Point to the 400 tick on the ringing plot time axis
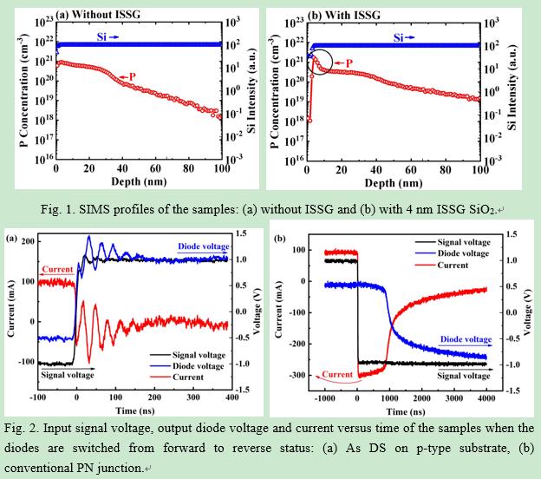228,397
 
